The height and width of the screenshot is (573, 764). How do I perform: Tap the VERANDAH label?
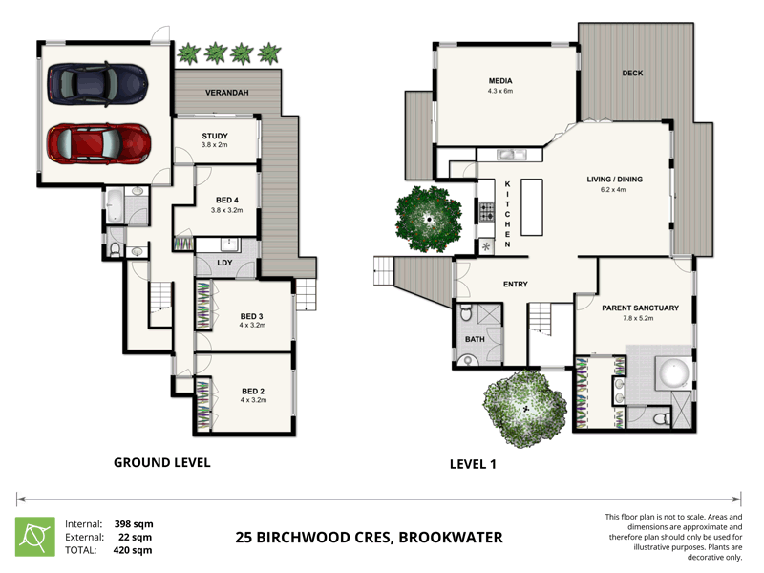tap(227, 93)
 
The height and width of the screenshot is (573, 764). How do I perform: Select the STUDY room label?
tap(215, 136)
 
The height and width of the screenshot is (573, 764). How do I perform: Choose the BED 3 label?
tap(251, 316)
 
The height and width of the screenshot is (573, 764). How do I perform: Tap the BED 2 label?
tap(251, 391)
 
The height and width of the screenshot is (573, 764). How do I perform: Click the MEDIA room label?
tap(500, 82)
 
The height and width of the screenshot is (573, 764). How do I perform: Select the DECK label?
tap(631, 74)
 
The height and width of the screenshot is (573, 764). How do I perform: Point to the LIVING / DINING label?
tap(614, 179)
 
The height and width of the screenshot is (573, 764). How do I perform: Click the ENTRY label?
tap(516, 284)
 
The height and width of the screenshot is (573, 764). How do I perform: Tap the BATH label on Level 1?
tap(475, 339)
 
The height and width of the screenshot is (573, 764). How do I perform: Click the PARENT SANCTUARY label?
tap(640, 308)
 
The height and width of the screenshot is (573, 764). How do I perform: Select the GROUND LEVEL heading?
tap(161, 462)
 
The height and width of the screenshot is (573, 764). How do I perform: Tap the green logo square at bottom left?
tap(35, 537)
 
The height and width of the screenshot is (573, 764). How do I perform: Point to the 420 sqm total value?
tap(134, 550)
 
